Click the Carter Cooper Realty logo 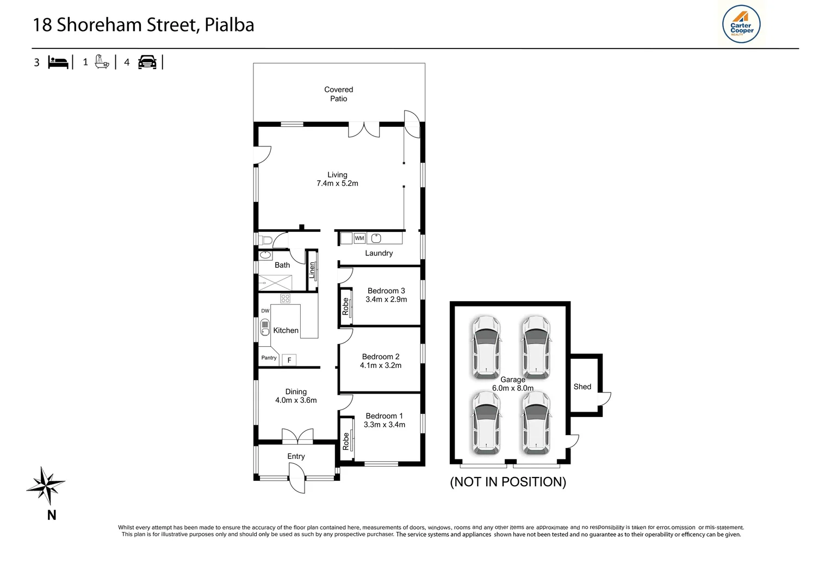[x=741, y=24]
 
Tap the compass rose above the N [x=46, y=485]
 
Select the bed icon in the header [x=58, y=62]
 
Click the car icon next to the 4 [x=147, y=62]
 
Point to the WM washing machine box [x=359, y=238]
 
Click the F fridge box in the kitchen [x=289, y=360]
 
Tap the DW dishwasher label [x=265, y=311]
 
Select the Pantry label [x=269, y=358]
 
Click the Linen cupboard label [x=312, y=270]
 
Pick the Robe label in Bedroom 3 [x=345, y=307]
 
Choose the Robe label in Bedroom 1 [x=346, y=441]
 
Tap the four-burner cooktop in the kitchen [x=285, y=298]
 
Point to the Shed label [x=582, y=387]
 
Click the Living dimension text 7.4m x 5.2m [x=337, y=183]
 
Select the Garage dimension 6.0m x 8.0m [x=512, y=388]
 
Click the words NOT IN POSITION [x=508, y=482]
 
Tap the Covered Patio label [x=338, y=94]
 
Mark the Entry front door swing [x=297, y=482]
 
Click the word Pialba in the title [x=229, y=25]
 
